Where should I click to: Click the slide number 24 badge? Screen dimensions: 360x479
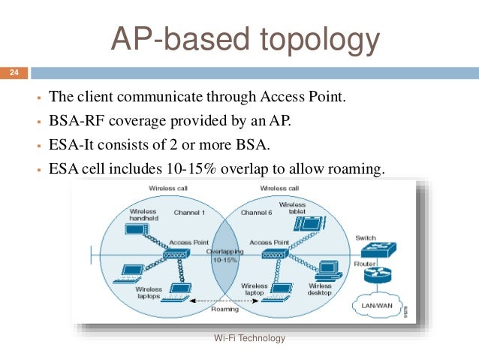click(13, 73)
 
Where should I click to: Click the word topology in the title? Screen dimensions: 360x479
click(316, 39)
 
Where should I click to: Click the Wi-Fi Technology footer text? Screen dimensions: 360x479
click(250, 339)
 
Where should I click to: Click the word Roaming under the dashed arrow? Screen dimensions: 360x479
click(224, 309)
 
